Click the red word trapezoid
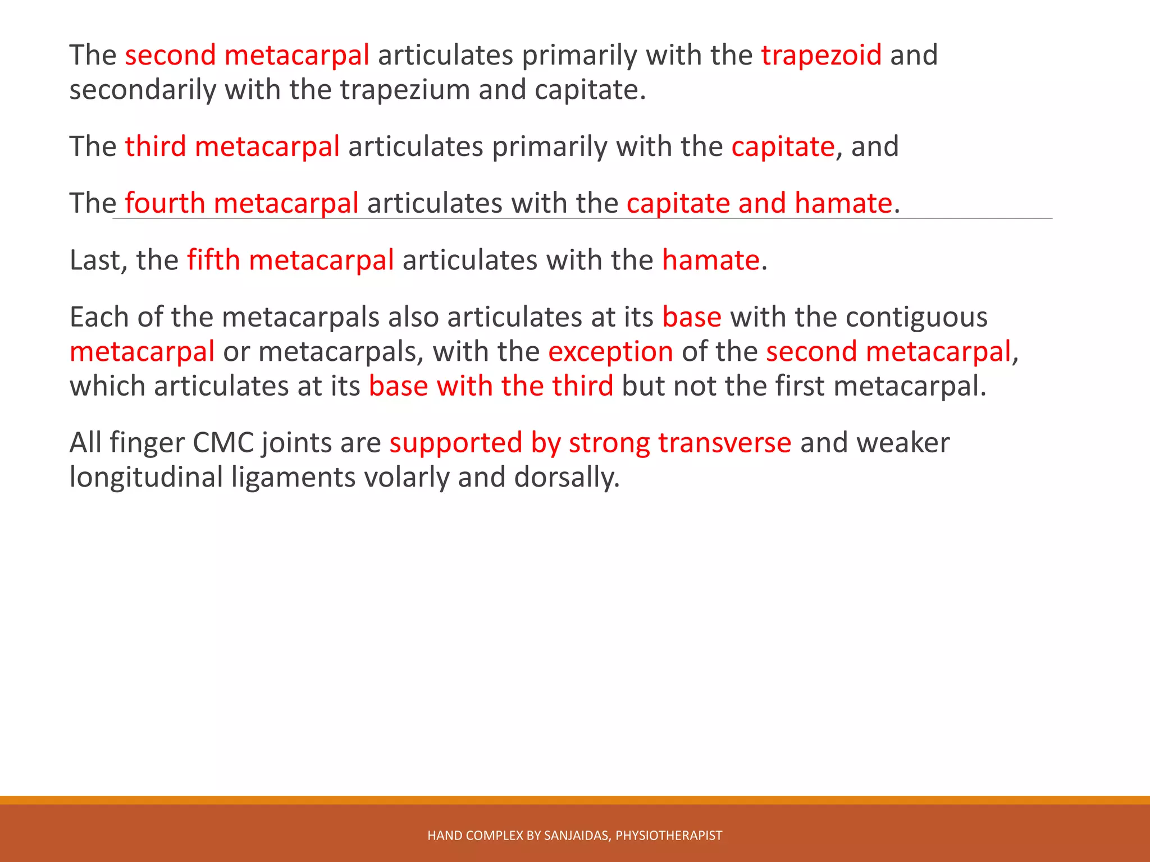pyautogui.click(x=821, y=56)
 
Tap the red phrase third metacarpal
pyautogui.click(x=232, y=147)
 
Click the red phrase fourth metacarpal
pyautogui.click(x=241, y=203)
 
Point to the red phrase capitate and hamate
pyautogui.click(x=759, y=203)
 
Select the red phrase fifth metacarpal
pyautogui.click(x=290, y=260)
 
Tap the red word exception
pyautogui.click(x=610, y=352)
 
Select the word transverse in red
pyautogui.click(x=724, y=443)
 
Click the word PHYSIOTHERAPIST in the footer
pyautogui.click(x=668, y=836)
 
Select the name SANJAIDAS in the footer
pyautogui.click(x=577, y=836)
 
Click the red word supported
pyautogui.click(x=455, y=443)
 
